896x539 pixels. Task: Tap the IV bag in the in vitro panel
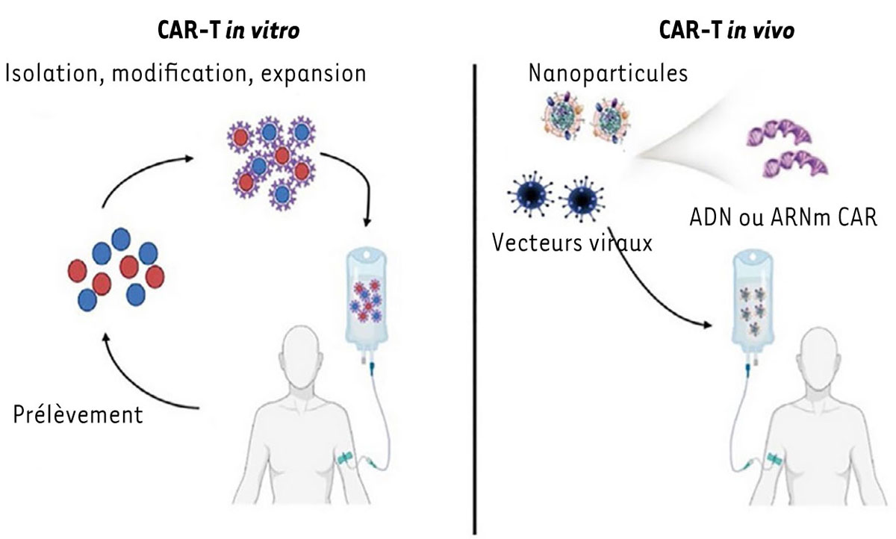coord(365,299)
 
